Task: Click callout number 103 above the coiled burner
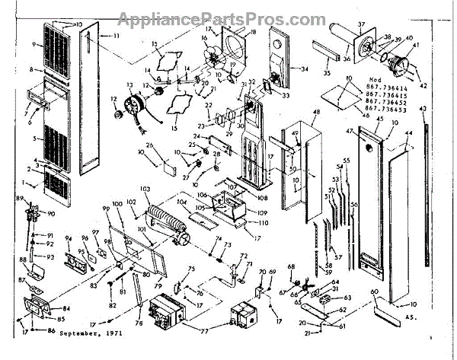(x=145, y=187)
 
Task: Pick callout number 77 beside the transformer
(x=203, y=333)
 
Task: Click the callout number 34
(x=305, y=69)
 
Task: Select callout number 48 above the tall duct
(x=315, y=111)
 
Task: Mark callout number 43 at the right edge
(x=423, y=110)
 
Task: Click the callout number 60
(x=374, y=292)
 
